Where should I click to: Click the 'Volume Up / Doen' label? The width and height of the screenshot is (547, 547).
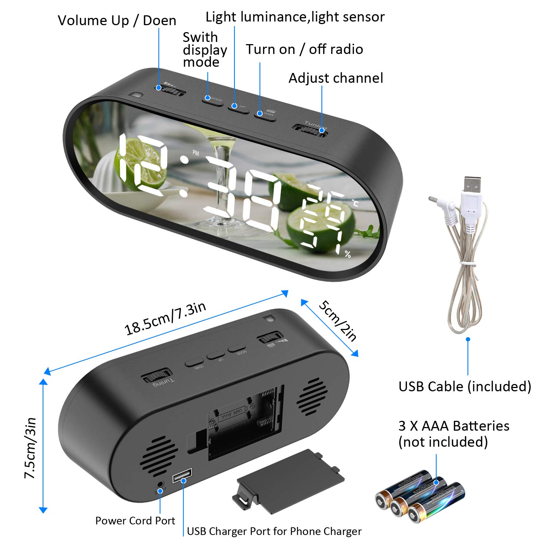point(117,20)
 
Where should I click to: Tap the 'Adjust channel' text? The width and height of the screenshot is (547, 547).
point(335,78)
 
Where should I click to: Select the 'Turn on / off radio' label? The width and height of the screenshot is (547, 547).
point(304,49)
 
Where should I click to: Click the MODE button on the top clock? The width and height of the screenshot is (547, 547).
point(212,100)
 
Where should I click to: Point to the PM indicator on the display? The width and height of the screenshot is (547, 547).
point(196,153)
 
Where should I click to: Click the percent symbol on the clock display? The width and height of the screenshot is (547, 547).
point(348,254)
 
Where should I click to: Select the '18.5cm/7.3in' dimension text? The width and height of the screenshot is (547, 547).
point(165,318)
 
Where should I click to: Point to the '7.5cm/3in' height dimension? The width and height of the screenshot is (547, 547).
point(30,448)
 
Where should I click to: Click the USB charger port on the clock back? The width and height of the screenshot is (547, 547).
point(182,475)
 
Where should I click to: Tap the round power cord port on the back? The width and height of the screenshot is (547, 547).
point(160,484)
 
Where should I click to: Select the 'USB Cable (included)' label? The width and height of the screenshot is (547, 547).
point(465,386)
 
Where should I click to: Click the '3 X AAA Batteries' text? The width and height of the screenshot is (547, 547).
point(454,426)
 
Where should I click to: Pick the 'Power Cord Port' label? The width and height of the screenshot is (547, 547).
point(135,520)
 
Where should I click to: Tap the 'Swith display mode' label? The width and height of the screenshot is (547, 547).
point(204,50)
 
